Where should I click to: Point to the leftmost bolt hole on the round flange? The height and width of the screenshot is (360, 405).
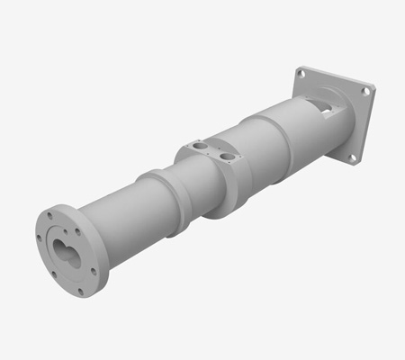click(x=42, y=241)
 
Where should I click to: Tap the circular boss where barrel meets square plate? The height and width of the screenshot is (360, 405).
click(x=337, y=130)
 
